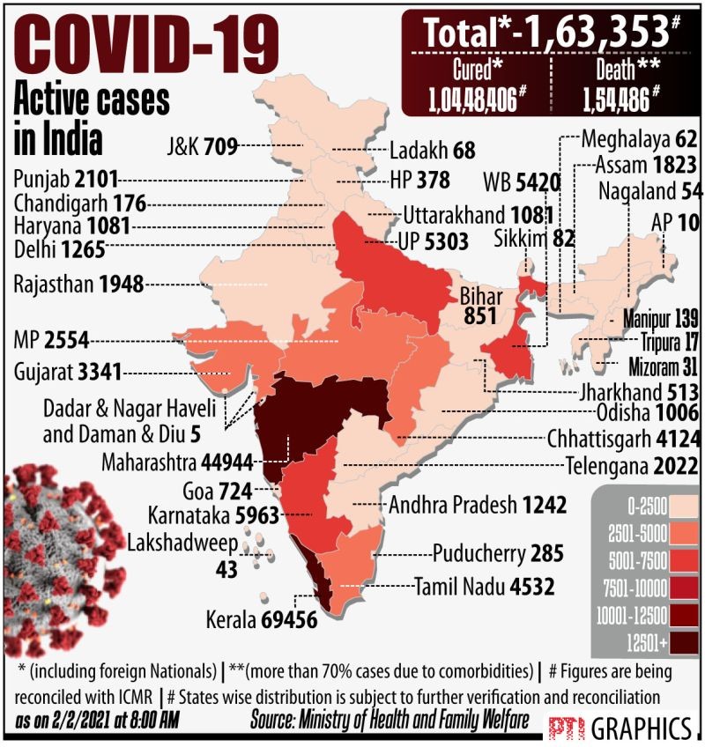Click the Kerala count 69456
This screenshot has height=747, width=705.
289,619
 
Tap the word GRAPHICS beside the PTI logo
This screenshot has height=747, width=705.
641,729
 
